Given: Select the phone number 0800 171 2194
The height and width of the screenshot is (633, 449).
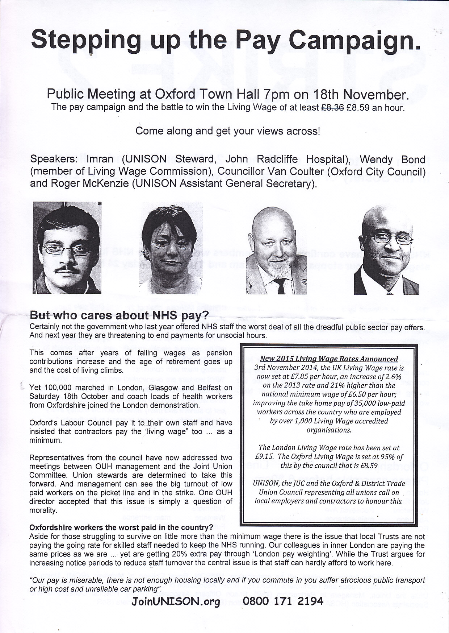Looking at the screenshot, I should pos(284,601).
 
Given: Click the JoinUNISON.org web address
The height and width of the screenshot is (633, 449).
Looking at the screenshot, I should pos(176,601).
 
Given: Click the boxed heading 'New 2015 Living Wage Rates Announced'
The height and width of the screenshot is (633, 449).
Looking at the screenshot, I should pos(328,359).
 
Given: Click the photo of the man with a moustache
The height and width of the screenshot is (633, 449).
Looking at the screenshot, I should pos(67,248).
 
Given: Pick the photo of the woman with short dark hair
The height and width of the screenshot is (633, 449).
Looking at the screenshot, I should pos(171,248).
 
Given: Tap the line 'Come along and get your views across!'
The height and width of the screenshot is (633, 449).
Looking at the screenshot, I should pos(227,131).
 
